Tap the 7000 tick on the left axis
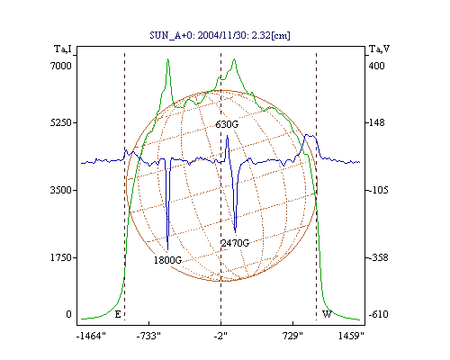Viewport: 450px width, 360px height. click(x=61, y=66)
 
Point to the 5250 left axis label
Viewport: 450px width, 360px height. click(x=61, y=122)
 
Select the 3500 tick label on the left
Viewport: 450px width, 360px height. click(x=61, y=190)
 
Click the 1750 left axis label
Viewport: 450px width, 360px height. click(x=61, y=257)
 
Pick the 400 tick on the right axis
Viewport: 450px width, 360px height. click(x=376, y=66)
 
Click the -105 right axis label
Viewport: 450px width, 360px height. click(x=378, y=190)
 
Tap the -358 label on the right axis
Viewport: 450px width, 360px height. click(x=378, y=257)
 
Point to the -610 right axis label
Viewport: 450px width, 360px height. click(x=378, y=314)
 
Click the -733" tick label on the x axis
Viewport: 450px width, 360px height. click(x=148, y=336)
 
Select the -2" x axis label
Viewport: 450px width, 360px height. click(x=220, y=336)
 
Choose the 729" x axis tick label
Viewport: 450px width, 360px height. click(x=292, y=336)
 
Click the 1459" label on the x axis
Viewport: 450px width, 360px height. click(x=351, y=336)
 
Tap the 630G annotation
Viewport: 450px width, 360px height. click(x=227, y=124)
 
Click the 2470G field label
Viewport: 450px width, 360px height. click(x=235, y=243)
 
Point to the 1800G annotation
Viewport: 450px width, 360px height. click(x=167, y=260)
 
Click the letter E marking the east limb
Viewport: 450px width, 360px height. click(x=118, y=314)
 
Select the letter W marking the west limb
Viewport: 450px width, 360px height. click(x=327, y=314)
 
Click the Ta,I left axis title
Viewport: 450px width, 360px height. click(x=63, y=49)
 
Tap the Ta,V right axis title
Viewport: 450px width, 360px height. click(x=379, y=49)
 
